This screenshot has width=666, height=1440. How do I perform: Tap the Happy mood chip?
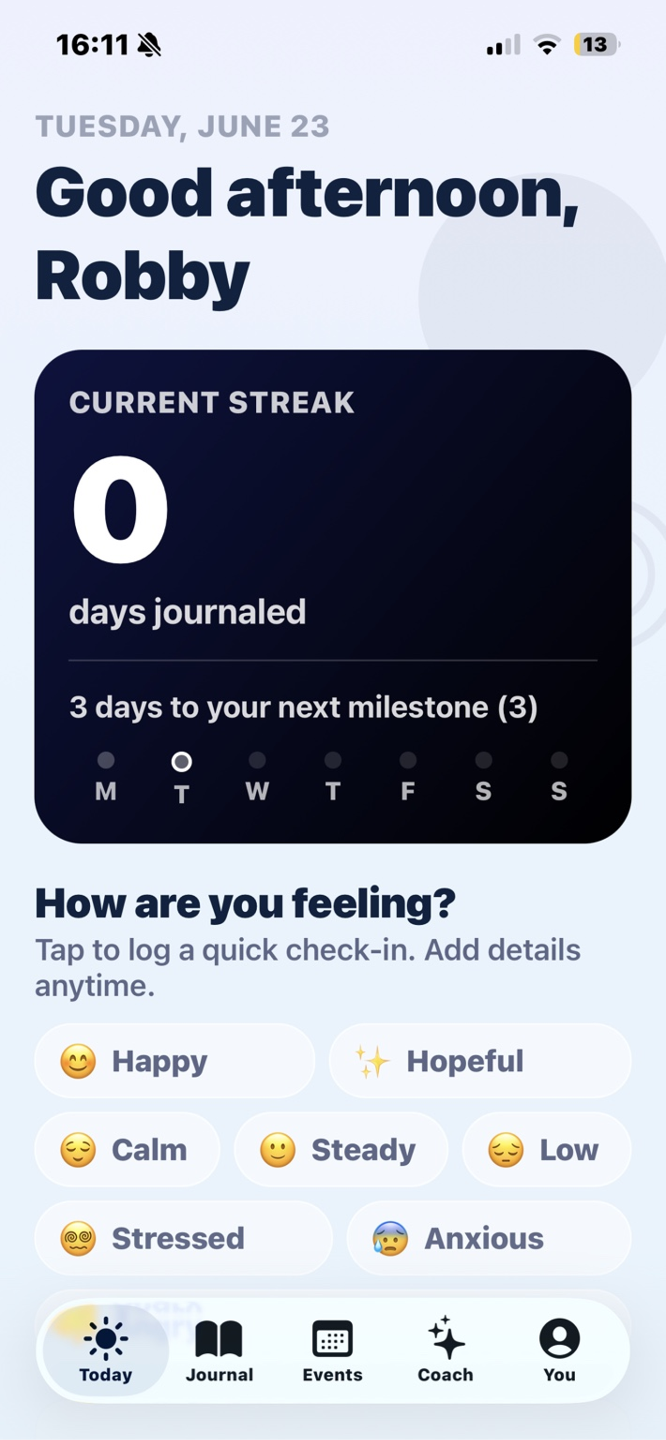[174, 1061]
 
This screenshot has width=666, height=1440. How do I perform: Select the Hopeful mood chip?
[480, 1061]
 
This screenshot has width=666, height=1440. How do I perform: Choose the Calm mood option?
[127, 1149]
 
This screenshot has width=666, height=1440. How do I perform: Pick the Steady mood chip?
[341, 1149]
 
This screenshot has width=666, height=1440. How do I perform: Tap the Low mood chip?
[546, 1149]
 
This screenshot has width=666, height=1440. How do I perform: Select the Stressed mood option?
[184, 1238]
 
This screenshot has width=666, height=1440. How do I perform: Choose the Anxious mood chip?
[489, 1238]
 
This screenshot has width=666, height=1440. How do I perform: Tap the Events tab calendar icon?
[332, 1338]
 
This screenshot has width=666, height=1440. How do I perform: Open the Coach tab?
[445, 1349]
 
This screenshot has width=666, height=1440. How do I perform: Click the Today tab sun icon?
[106, 1338]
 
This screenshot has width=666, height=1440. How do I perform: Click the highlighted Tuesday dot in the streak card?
[181, 761]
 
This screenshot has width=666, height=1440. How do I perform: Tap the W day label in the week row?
[257, 791]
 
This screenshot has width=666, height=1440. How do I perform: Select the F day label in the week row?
[408, 791]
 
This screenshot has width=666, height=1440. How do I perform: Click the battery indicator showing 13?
[596, 45]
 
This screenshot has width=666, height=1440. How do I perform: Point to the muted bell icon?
[149, 45]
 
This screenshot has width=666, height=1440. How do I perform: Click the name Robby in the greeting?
[142, 277]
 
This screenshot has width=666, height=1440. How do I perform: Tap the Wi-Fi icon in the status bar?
[547, 45]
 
